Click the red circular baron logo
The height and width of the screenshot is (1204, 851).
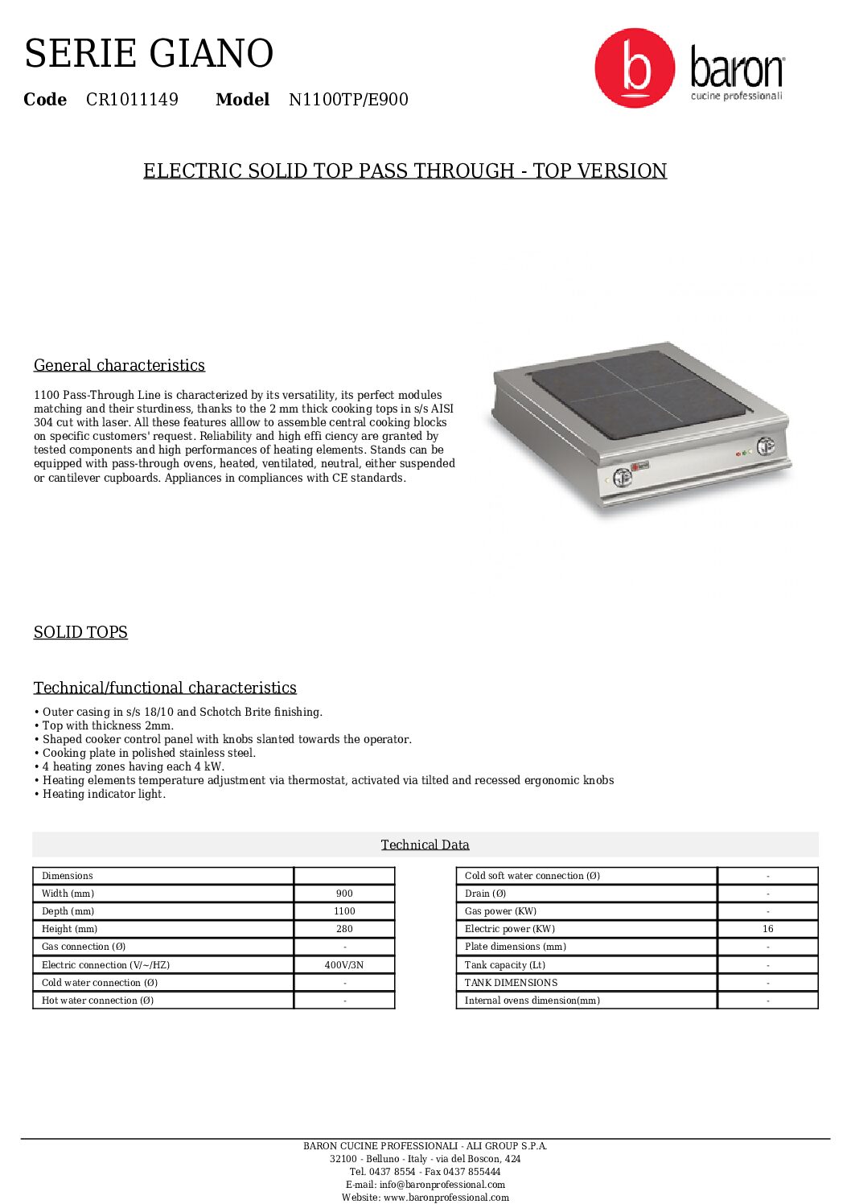tap(634, 68)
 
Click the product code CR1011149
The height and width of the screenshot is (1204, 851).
tap(132, 100)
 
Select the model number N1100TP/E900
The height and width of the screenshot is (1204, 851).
tap(348, 100)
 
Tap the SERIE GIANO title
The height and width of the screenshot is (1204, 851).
tap(149, 54)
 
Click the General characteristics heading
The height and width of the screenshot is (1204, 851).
tap(119, 365)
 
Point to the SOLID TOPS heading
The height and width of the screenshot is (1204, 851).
tap(80, 632)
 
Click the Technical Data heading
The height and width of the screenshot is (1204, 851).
tap(425, 844)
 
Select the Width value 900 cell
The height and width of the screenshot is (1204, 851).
tap(344, 894)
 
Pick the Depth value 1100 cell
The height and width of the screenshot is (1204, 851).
tap(344, 911)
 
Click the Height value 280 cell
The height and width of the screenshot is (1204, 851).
tap(344, 929)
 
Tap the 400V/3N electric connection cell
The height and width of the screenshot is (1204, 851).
tap(344, 965)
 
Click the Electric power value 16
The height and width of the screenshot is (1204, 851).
tap(767, 929)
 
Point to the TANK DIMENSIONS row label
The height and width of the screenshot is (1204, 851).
tap(511, 983)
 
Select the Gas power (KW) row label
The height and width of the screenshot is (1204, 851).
tap(500, 911)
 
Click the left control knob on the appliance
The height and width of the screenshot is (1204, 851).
tap(623, 478)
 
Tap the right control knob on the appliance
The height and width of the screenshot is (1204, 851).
tap(765, 446)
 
